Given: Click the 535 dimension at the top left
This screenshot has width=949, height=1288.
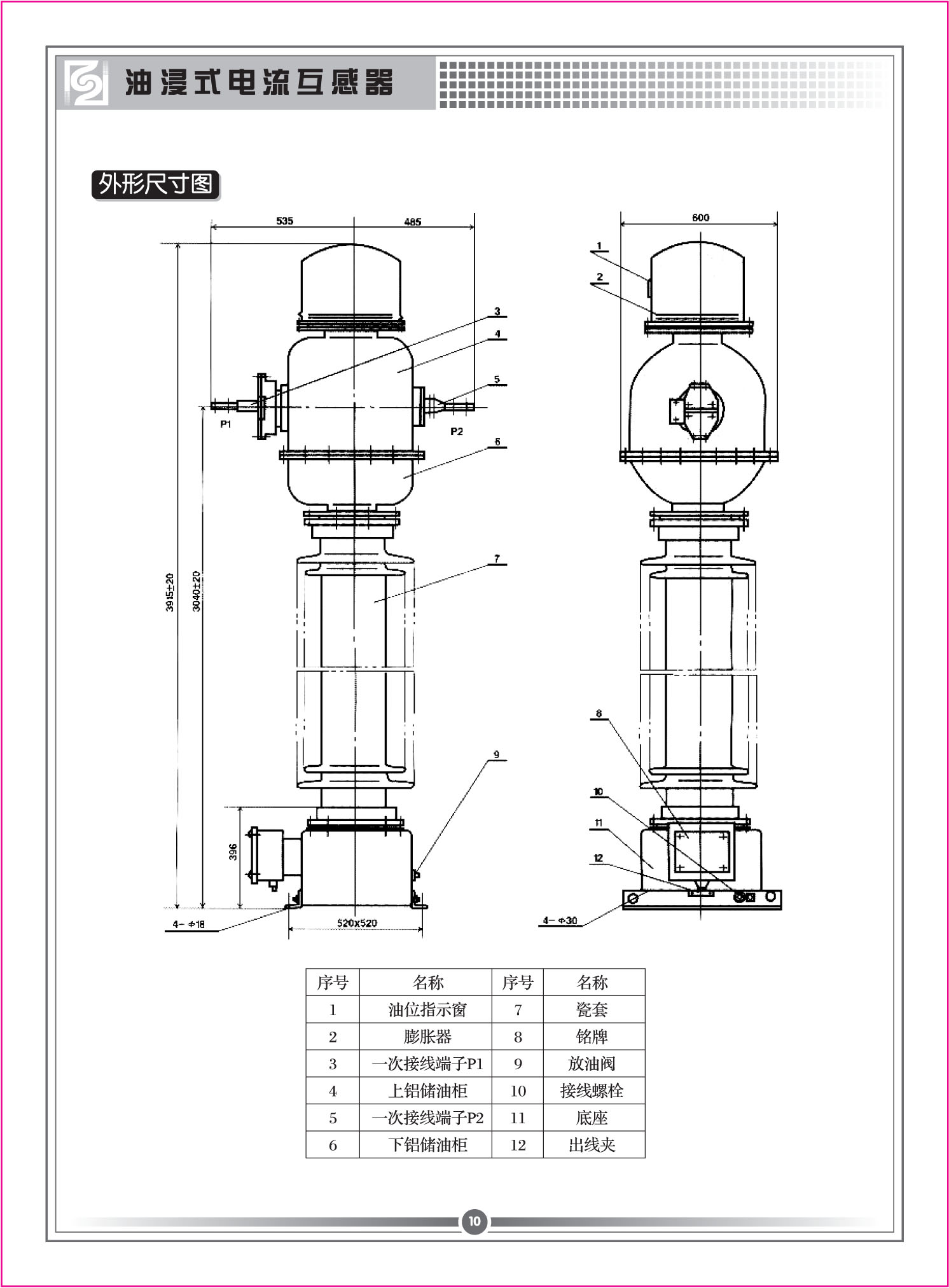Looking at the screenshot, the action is (284, 221).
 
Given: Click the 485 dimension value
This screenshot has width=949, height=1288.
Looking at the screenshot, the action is (413, 222).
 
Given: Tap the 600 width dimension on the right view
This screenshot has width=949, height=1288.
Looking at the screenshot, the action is (700, 218).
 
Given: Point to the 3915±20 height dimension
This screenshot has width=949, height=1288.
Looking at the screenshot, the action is (170, 592).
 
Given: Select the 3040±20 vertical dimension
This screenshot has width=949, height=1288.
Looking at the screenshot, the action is (197, 591).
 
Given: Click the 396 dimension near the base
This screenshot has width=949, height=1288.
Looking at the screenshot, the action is (233, 852).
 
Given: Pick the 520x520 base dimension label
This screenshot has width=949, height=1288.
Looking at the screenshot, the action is (357, 923).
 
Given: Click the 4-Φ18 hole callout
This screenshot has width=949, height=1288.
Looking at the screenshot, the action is (189, 924).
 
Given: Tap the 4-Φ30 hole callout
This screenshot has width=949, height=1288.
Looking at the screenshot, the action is (560, 920).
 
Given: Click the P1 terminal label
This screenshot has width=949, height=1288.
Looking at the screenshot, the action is (226, 424).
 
